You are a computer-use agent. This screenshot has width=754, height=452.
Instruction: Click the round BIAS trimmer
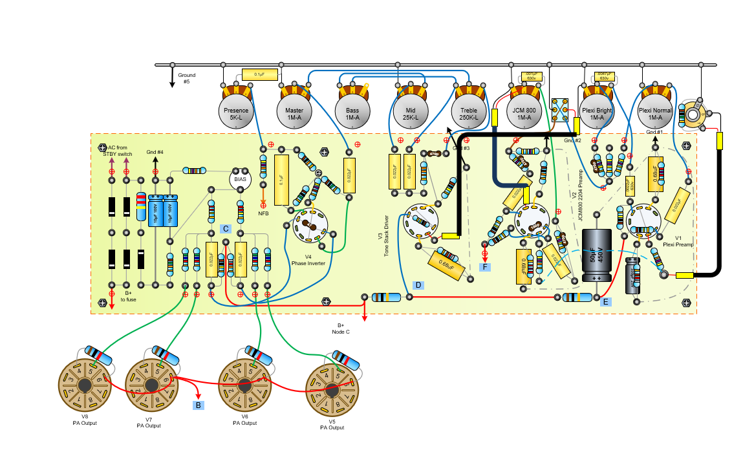tap(241, 180)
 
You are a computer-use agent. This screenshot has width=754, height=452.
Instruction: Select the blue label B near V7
tap(199, 405)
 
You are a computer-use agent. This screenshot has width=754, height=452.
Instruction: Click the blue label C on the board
tap(226, 228)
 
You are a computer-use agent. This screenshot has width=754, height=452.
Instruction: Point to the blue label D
tap(418, 285)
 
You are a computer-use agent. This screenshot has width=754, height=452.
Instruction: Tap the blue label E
tap(605, 301)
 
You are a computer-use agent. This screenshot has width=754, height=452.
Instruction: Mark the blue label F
tap(484, 266)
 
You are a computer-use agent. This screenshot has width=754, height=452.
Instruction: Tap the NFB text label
tap(263, 213)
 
